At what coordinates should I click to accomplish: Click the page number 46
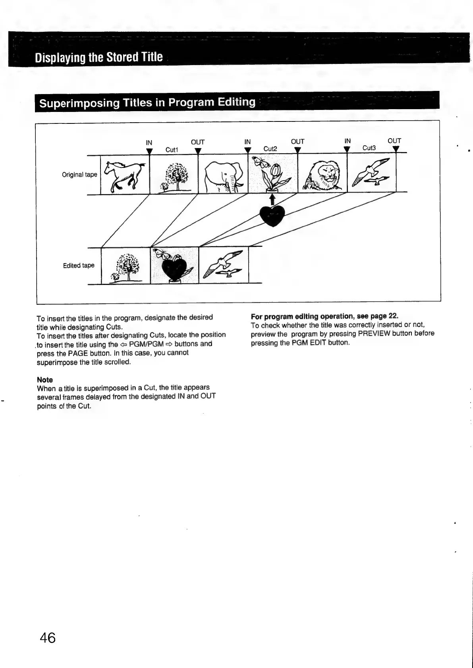(48, 638)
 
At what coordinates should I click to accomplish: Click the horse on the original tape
(124, 174)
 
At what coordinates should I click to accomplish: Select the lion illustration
(322, 175)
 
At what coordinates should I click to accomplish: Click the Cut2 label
(270, 149)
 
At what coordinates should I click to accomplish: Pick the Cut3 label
(369, 148)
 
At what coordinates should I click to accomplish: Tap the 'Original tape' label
(79, 175)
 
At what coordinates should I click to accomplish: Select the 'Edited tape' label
(79, 266)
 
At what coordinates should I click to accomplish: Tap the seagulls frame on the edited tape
(223, 265)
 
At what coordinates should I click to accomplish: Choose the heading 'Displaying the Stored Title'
(98, 57)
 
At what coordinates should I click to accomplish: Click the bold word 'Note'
(45, 380)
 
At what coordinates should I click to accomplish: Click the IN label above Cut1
(149, 142)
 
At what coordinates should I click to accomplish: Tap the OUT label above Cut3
(394, 141)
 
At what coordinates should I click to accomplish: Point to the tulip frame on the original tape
(272, 173)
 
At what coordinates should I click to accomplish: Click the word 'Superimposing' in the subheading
(79, 103)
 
